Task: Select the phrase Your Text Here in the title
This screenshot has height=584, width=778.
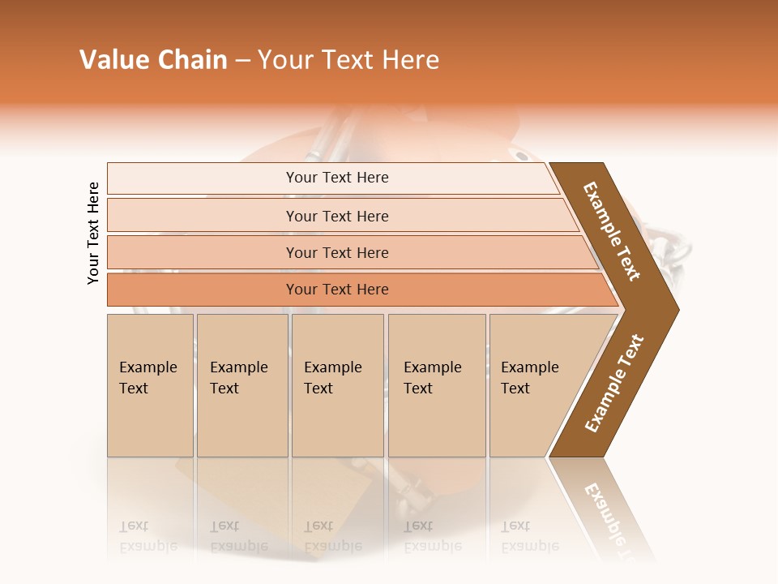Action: pyautogui.click(x=348, y=60)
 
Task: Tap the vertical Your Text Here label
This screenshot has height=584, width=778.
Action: pyautogui.click(x=94, y=233)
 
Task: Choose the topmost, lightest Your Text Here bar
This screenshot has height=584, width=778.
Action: pyautogui.click(x=337, y=178)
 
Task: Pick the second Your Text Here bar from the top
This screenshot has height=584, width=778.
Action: pyautogui.click(x=337, y=216)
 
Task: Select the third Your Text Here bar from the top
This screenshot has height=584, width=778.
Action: pyautogui.click(x=337, y=252)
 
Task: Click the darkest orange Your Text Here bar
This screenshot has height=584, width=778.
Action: pyautogui.click(x=337, y=290)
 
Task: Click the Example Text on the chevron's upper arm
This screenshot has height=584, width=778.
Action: pyautogui.click(x=612, y=231)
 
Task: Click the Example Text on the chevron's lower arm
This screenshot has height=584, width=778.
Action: pyautogui.click(x=614, y=384)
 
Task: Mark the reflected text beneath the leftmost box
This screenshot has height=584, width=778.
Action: pyautogui.click(x=148, y=536)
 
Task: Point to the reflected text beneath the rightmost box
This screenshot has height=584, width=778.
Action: pyautogui.click(x=530, y=536)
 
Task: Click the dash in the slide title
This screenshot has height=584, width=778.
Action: pyautogui.click(x=242, y=61)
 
